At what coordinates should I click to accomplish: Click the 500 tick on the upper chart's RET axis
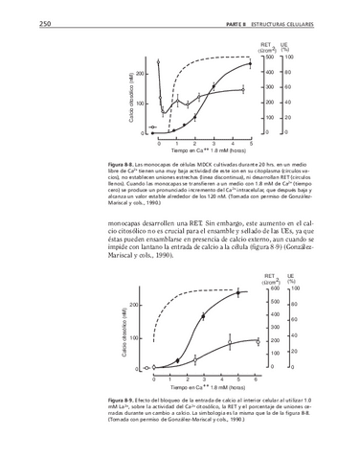tap(270, 58)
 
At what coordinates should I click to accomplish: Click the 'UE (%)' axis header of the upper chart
tap(286, 47)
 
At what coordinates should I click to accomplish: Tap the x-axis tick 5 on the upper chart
tap(251, 142)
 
